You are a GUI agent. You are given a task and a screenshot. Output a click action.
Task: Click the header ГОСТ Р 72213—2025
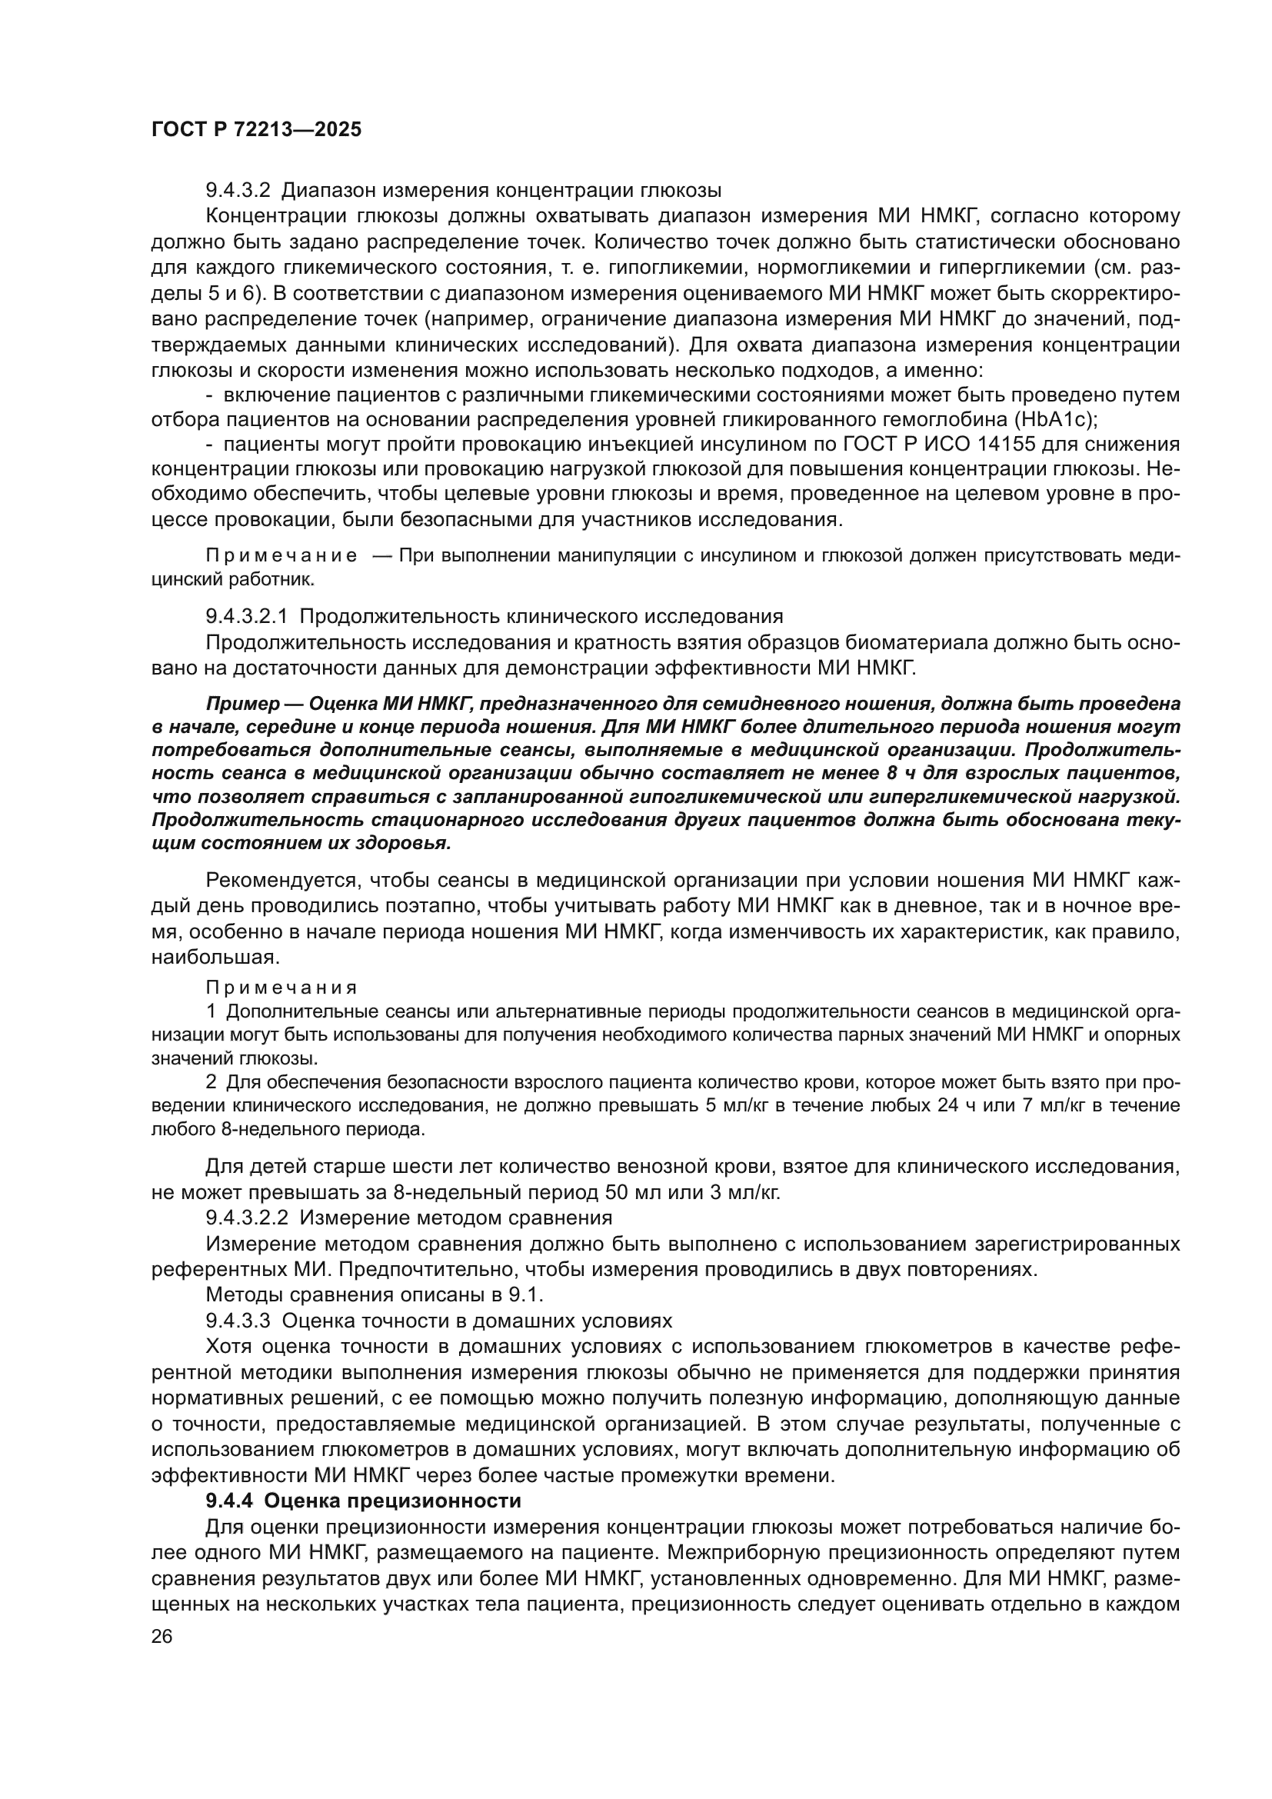256,130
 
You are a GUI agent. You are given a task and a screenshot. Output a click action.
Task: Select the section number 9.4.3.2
238,191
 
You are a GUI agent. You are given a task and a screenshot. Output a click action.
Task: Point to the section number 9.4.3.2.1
247,617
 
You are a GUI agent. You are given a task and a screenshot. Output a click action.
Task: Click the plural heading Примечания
281,988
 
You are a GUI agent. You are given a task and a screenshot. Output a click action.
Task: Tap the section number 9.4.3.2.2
247,1218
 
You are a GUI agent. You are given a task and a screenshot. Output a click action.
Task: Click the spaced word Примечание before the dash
281,556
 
